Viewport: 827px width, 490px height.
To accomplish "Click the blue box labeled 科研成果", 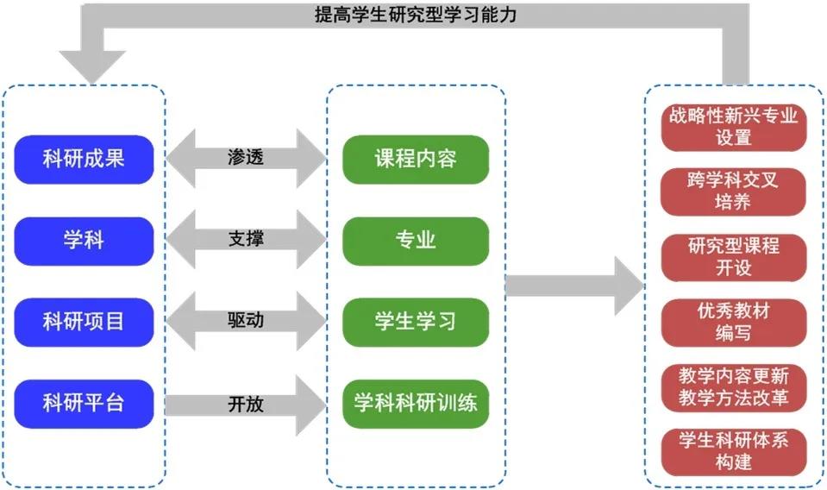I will tap(84, 160).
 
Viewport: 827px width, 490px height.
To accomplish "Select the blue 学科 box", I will tap(84, 240).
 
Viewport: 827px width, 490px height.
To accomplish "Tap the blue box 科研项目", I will tap(84, 321).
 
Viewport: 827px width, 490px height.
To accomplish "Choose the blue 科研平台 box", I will tap(84, 402).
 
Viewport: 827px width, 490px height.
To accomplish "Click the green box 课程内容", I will tap(416, 160).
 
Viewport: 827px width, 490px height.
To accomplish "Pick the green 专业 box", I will tap(416, 240).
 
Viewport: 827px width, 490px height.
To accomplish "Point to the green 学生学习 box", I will tap(416, 321).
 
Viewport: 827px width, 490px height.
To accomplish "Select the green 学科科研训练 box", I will tap(416, 402).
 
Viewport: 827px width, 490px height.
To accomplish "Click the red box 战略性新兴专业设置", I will tap(733, 126).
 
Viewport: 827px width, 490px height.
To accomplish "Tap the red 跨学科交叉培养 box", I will tap(733, 191).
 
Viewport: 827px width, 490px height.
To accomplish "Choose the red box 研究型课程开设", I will tap(733, 256).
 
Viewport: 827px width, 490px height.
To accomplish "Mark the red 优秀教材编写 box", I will tap(733, 321).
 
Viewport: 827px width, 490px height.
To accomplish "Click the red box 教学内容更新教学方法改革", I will tap(733, 386).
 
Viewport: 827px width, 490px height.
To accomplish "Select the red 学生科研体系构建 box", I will tap(733, 450).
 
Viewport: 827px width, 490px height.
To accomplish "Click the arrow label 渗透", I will tap(246, 159).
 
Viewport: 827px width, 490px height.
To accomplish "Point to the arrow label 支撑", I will tap(246, 239).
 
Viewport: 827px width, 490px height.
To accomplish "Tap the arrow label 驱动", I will tap(246, 320).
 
